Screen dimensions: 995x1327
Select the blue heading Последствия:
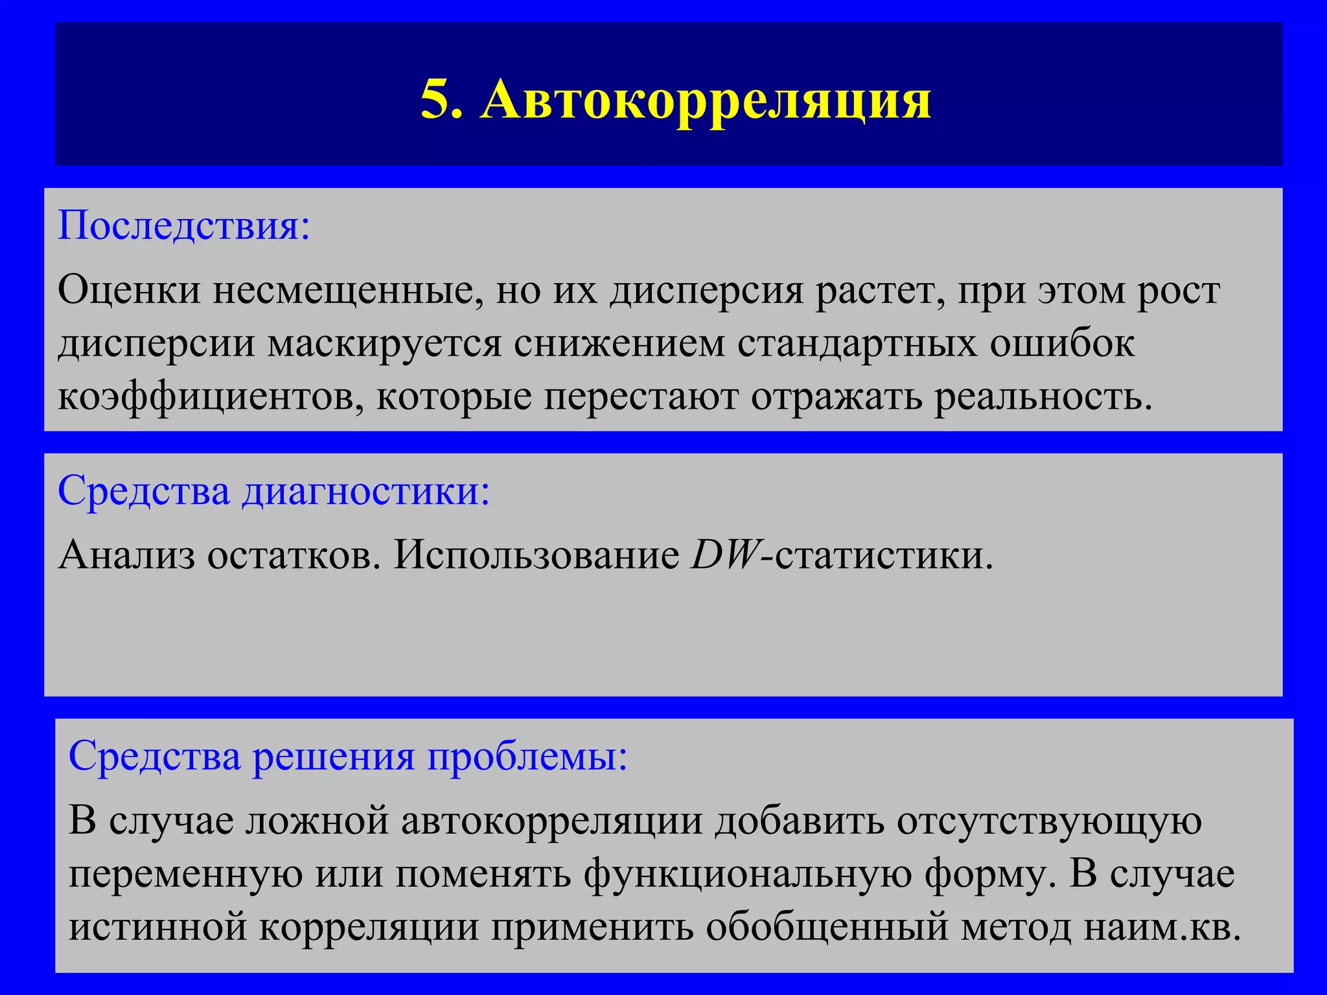(184, 225)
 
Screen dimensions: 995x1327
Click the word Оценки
(129, 291)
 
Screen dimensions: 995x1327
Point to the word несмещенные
(348, 291)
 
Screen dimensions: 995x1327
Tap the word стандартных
(857, 344)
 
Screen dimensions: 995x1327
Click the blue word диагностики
(366, 491)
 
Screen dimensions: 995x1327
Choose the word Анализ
(126, 555)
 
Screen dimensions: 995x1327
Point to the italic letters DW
(724, 555)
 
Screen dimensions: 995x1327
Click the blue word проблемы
(527, 756)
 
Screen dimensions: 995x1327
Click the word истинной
(158, 927)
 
